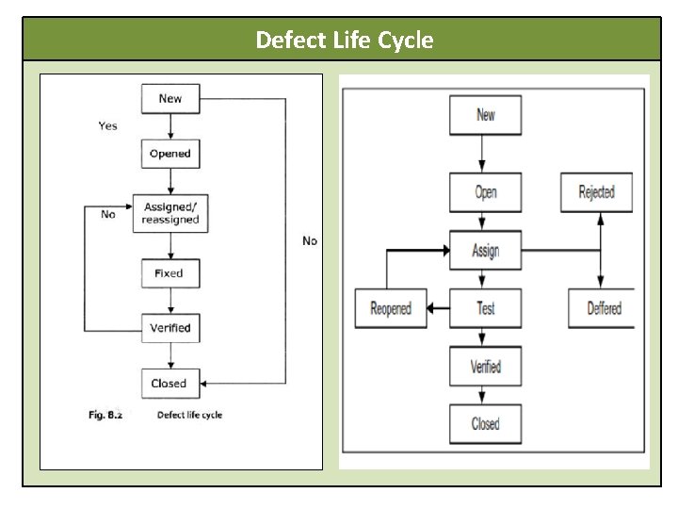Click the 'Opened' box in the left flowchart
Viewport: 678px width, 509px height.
(x=169, y=154)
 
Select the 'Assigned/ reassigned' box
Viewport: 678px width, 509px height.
(x=169, y=213)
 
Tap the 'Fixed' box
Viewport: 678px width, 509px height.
(x=169, y=273)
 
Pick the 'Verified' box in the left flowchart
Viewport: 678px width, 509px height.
(x=169, y=328)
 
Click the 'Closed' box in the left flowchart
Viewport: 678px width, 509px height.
(x=169, y=384)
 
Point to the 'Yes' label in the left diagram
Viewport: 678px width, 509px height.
(x=108, y=125)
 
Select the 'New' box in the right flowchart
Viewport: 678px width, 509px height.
(x=486, y=115)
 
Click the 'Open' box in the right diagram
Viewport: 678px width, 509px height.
(x=486, y=192)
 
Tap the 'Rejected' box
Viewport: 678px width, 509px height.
(x=597, y=192)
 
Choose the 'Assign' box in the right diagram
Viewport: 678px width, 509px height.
(x=486, y=251)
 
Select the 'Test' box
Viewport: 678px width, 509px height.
(x=486, y=308)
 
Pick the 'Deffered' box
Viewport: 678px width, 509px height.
(x=604, y=308)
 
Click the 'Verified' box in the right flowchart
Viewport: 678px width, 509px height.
(x=486, y=367)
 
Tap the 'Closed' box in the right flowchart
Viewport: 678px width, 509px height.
(x=486, y=424)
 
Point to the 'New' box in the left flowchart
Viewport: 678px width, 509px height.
(x=169, y=99)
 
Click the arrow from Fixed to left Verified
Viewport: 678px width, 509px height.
(x=169, y=301)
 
